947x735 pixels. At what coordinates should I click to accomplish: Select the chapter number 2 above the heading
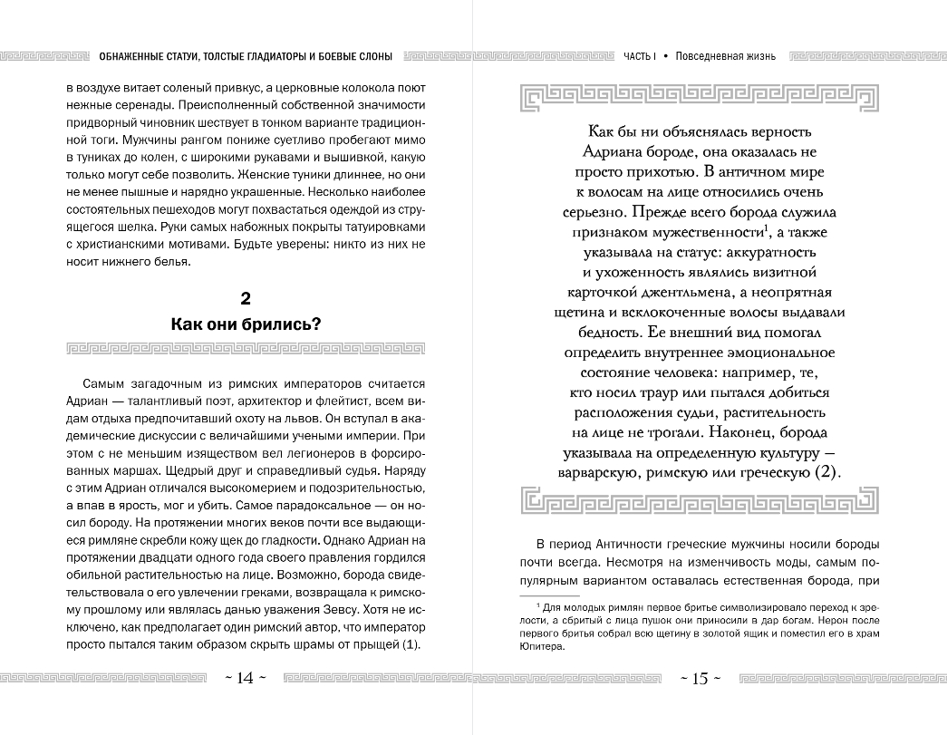pos(246,298)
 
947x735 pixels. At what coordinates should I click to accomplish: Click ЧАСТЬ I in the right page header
pos(639,56)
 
